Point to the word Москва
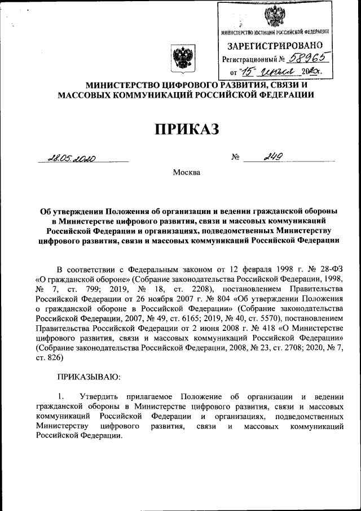pos(186,172)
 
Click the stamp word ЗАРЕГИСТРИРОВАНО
pos(275,45)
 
